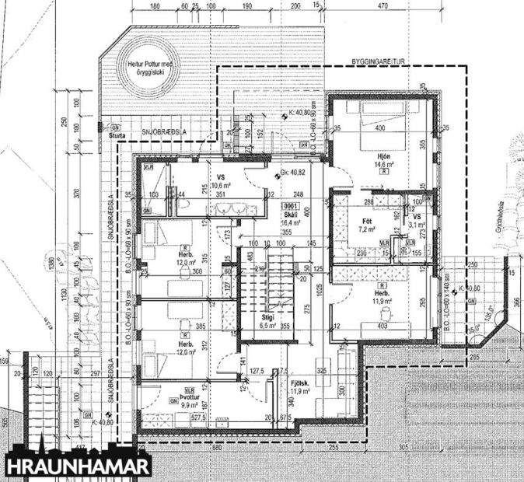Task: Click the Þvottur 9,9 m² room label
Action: tap(190, 399)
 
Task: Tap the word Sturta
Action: tap(117, 135)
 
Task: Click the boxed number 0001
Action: tap(292, 205)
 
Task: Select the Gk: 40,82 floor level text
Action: tap(291, 174)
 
